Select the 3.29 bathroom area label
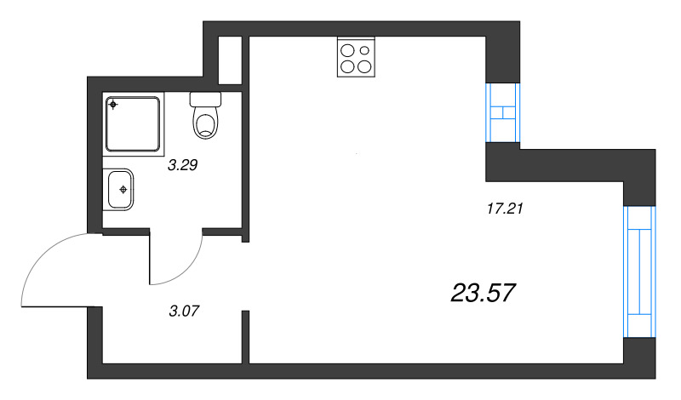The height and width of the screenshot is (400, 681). point(182,166)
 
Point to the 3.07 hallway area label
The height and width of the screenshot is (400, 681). point(185,310)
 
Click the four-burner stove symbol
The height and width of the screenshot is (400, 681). point(356,58)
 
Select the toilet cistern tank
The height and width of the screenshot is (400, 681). point(206,99)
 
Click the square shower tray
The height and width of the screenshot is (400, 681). point(134,124)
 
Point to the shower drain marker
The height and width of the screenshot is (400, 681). point(114,106)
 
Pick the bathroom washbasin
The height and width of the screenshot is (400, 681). point(119,188)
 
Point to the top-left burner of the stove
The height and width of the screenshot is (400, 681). point(347,49)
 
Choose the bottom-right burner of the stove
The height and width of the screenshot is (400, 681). point(364,66)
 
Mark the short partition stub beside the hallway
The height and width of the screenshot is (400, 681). point(245,336)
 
